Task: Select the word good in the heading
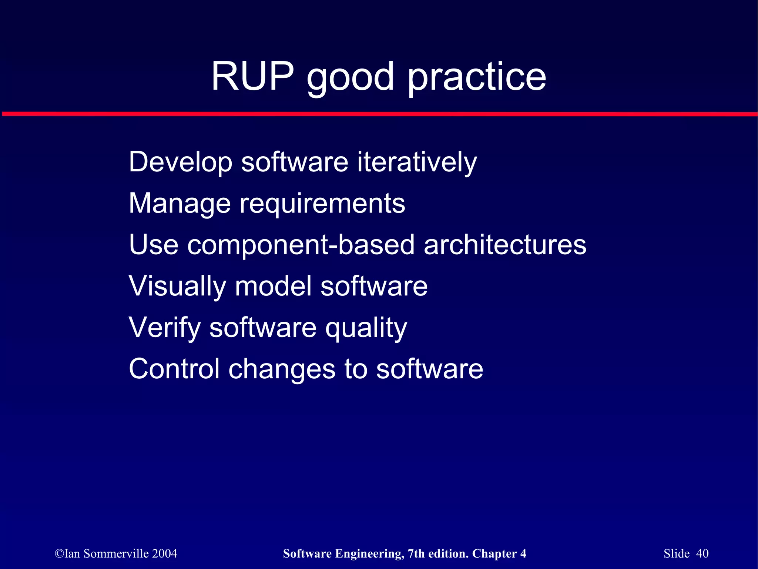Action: pyautogui.click(x=350, y=78)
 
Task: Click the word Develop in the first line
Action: pyautogui.click(x=180, y=163)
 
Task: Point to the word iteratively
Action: pyautogui.click(x=417, y=163)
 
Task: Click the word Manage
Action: pyautogui.click(x=180, y=204)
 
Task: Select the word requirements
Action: pyautogui.click(x=322, y=204)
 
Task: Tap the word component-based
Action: pyautogui.click(x=301, y=245)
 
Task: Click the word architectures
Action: pyautogui.click(x=505, y=245)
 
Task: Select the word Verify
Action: pyautogui.click(x=164, y=328)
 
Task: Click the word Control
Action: pyautogui.click(x=174, y=369)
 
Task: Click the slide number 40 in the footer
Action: pyautogui.click(x=702, y=553)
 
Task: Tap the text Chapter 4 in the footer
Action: pyautogui.click(x=499, y=553)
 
